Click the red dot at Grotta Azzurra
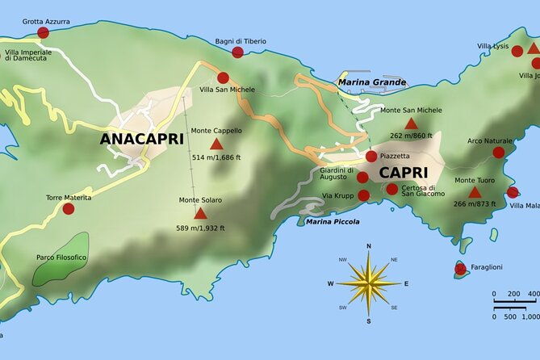[x=43, y=33]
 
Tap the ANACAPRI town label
[x=141, y=139]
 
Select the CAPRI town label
[x=404, y=173]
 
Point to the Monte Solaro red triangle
[x=200, y=214]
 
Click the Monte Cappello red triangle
[x=216, y=144]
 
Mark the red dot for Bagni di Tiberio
[x=237, y=52]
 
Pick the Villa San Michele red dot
[x=223, y=78]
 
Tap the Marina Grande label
[x=372, y=82]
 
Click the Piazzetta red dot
[x=370, y=157]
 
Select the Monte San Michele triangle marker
[x=411, y=123]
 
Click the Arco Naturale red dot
[x=498, y=153]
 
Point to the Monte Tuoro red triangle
[x=475, y=193]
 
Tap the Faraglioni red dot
[x=460, y=269]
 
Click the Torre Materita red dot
[x=69, y=208]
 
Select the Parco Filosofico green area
[x=61, y=258]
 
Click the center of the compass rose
[x=369, y=283]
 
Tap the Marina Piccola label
[x=333, y=221]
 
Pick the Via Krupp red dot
[x=363, y=195]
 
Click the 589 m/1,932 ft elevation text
[x=200, y=228]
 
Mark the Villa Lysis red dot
[x=517, y=51]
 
